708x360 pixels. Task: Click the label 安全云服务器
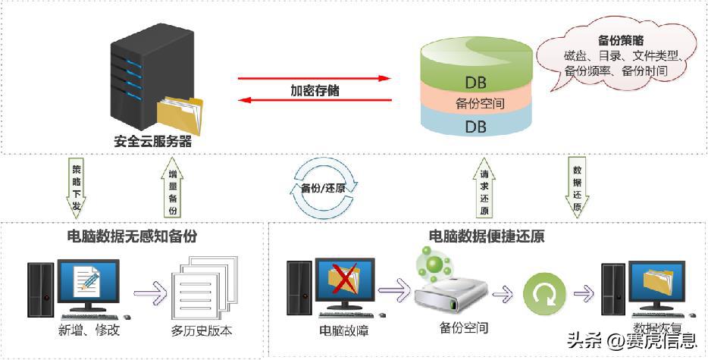pos(152,140)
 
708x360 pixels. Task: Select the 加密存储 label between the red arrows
pos(315,89)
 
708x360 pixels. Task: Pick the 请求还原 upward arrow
pos(484,190)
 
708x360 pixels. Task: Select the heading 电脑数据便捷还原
pos(486,236)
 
